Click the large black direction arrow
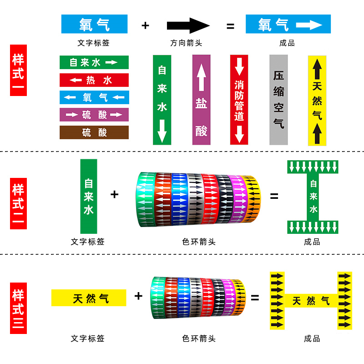(x=188, y=25)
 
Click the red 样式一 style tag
(x=18, y=70)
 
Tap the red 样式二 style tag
(x=18, y=203)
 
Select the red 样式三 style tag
(x=18, y=308)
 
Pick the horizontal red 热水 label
(x=94, y=80)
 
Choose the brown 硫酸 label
(x=94, y=132)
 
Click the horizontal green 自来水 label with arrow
(x=94, y=62)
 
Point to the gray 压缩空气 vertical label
(x=278, y=100)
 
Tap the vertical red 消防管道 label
(x=239, y=100)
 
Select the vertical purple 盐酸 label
(x=201, y=100)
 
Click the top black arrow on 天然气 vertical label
(x=317, y=69)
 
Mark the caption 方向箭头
(x=186, y=43)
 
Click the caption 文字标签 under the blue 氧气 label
(x=93, y=43)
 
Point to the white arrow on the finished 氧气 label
(x=309, y=25)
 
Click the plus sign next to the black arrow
(x=145, y=25)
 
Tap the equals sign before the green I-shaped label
(x=274, y=197)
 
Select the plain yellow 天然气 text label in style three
(x=89, y=298)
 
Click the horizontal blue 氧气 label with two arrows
(x=94, y=97)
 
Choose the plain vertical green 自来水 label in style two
(x=89, y=197)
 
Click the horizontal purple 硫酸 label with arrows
(x=94, y=115)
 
